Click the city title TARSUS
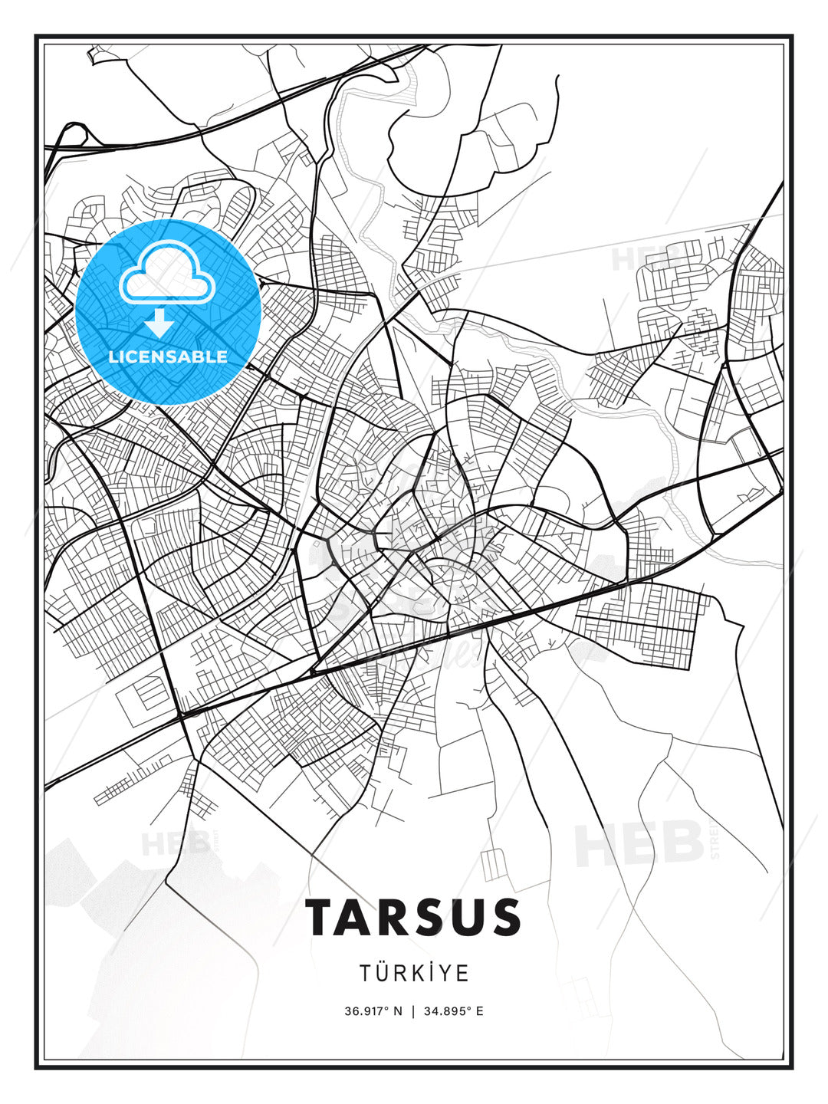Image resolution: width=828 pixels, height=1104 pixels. pos(414,917)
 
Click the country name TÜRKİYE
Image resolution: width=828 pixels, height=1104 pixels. pos(414,974)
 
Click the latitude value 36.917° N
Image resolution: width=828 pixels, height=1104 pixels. pos(373,1010)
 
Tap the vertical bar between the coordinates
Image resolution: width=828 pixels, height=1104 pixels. pos(414,1010)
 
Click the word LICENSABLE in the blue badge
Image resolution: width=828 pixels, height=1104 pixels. pos(168,356)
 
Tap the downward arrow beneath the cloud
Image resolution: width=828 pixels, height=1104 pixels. pos(159,324)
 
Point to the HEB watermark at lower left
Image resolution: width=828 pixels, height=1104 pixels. pos(176,844)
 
